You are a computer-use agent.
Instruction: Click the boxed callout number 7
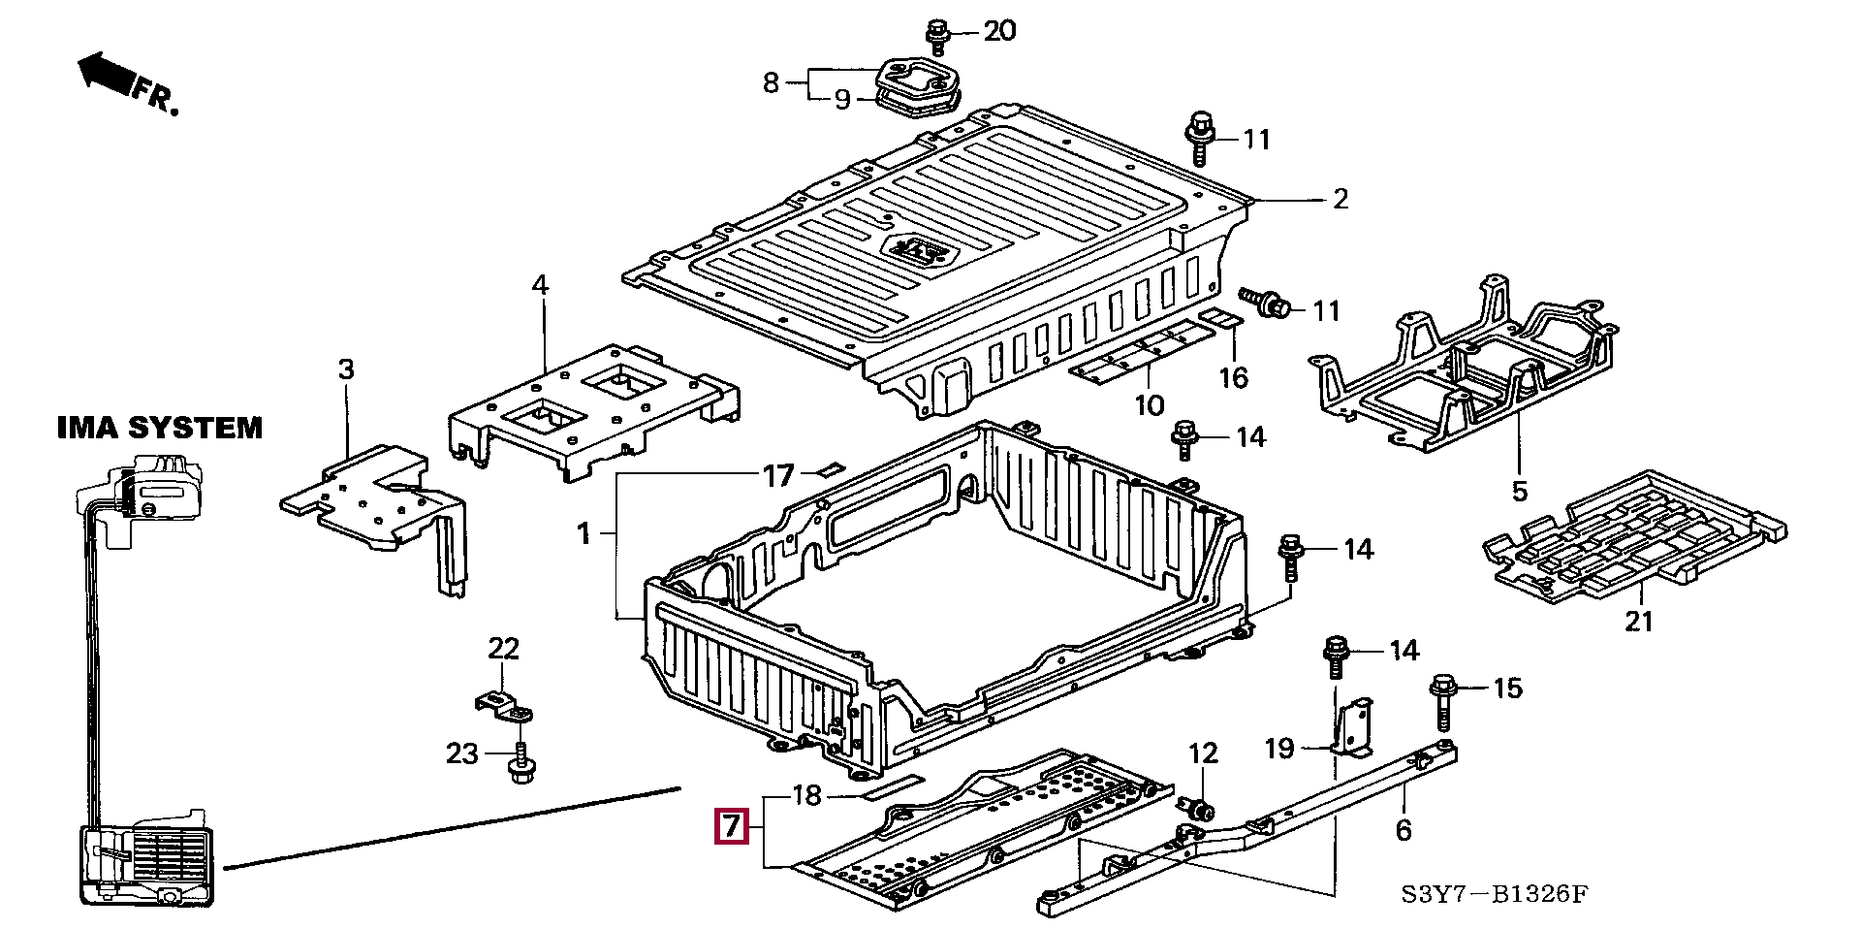click(x=731, y=826)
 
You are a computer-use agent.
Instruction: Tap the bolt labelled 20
click(x=936, y=37)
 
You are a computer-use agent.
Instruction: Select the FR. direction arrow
click(x=126, y=81)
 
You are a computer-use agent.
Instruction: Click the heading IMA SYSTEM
click(x=160, y=428)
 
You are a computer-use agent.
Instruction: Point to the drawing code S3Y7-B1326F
click(x=1495, y=894)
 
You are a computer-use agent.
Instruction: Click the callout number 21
click(x=1638, y=621)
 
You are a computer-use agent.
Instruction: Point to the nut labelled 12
click(x=1199, y=807)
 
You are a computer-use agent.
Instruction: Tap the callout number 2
click(x=1341, y=199)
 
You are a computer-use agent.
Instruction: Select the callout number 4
click(x=540, y=285)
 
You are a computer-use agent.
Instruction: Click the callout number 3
click(x=346, y=369)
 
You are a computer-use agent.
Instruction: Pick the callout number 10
click(x=1150, y=405)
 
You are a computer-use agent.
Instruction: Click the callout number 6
click(x=1404, y=830)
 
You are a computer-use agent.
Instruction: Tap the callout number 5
click(x=1520, y=492)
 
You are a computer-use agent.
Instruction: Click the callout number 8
click(x=771, y=82)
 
